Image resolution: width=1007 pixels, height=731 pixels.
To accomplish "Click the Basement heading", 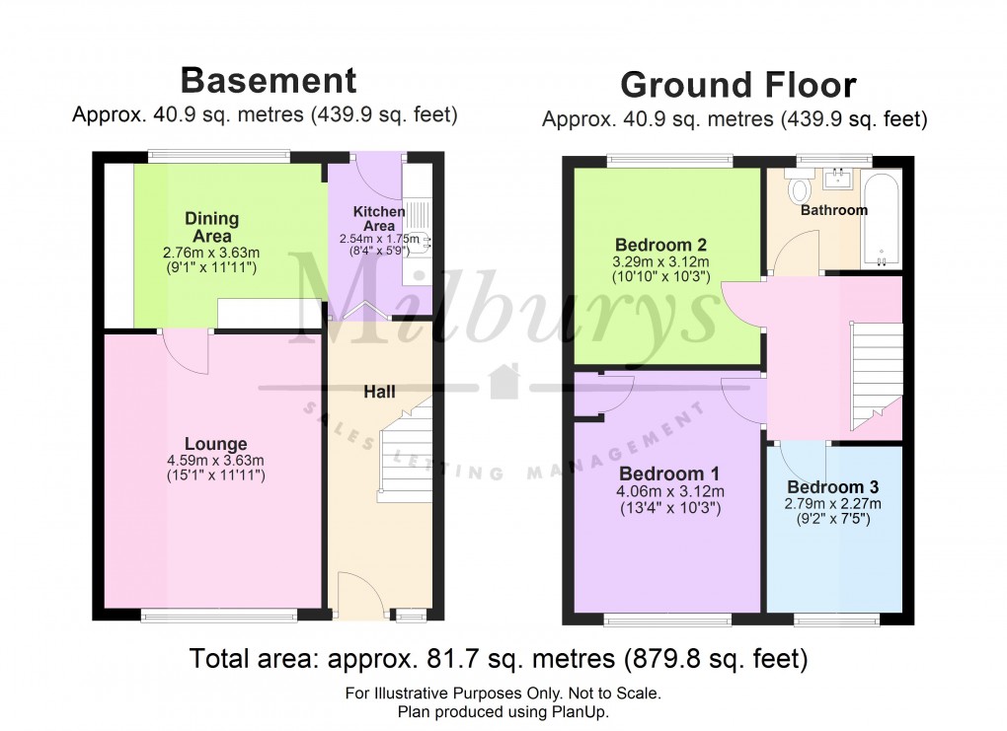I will [268, 79].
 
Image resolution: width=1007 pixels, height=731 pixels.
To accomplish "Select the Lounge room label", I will [215, 444].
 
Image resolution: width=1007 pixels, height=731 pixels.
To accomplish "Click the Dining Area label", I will [212, 227].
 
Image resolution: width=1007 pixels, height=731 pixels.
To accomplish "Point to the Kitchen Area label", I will [379, 218].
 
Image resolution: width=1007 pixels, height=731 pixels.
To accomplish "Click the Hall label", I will [379, 392].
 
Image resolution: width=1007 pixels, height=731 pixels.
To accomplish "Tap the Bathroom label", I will [833, 210].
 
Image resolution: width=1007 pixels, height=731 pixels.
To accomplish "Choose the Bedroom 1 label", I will [669, 473].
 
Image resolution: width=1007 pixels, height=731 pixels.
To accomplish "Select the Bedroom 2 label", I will [660, 245].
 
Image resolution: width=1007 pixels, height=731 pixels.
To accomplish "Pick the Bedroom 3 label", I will [833, 487].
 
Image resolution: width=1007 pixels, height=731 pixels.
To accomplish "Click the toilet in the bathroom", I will [800, 184].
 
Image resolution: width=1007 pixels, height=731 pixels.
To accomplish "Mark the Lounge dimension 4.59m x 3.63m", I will [215, 461].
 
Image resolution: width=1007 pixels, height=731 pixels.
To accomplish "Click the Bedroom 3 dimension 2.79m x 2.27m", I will [833, 503].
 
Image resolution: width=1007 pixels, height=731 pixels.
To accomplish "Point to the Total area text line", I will [499, 657].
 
